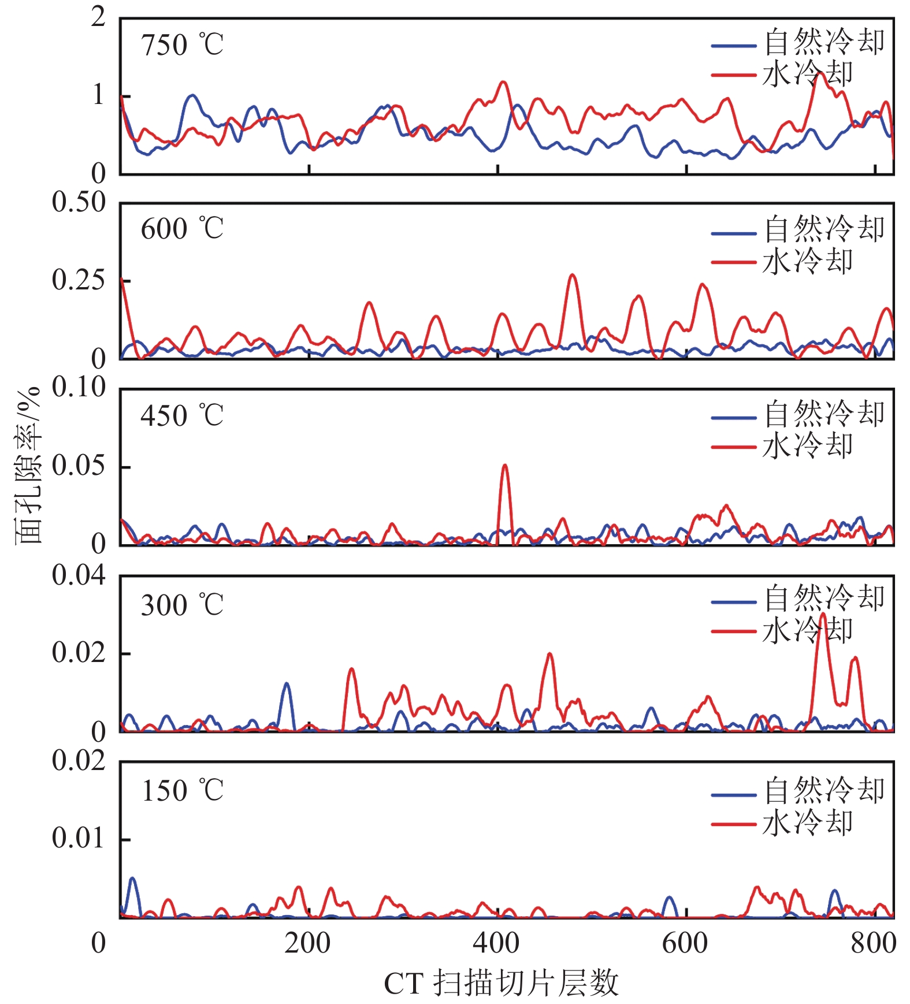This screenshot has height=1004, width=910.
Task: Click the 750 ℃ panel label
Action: pos(181,45)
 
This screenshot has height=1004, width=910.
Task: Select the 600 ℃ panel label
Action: pos(181,229)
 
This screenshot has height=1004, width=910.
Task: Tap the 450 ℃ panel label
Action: pos(181,416)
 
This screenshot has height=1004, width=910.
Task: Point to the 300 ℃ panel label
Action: pos(181,605)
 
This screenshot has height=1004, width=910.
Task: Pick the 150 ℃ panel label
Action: pos(181,791)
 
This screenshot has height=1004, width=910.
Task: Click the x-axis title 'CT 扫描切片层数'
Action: pos(501,983)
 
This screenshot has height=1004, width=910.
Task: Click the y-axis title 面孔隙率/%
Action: pos(28,466)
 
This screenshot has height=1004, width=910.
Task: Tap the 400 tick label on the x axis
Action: pos(496,943)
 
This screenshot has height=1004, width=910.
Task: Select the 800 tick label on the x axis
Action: pos(872,943)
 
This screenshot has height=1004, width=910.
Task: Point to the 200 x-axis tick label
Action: pos(307,943)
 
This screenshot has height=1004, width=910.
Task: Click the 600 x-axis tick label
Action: pos(685,943)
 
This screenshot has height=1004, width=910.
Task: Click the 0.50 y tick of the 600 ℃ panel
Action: pos(79,202)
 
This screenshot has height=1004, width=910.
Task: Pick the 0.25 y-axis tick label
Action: pos(79,280)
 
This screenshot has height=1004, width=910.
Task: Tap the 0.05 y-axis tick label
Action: pos(79,466)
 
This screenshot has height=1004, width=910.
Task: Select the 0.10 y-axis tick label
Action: pos(79,387)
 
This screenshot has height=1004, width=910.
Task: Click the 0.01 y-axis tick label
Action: pos(79,838)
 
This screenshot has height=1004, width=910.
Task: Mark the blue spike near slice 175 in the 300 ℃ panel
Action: pos(286,685)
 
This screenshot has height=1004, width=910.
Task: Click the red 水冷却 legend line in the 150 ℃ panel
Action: pos(733,824)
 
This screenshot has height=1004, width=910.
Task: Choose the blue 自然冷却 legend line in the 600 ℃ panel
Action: pos(733,233)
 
